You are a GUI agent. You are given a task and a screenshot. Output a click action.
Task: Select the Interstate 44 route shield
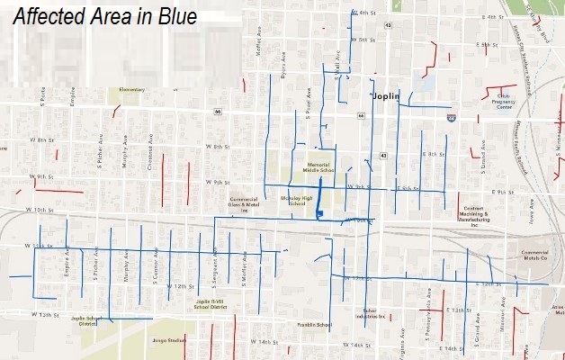pyautogui.click(x=451, y=117)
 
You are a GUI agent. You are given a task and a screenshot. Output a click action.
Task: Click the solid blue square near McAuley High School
pyautogui.click(x=319, y=213)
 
